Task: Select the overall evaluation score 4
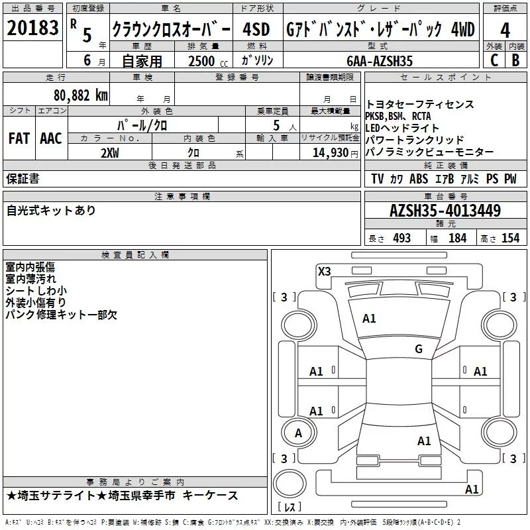pos(505,30)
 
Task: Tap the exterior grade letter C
pos(494,60)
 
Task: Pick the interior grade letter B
pos(516,60)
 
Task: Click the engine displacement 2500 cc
pos(206,61)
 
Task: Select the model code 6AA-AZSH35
pos(380,61)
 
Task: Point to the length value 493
pos(401,238)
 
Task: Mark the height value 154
pos(510,238)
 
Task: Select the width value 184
pos(457,238)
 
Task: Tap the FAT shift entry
pos(19,138)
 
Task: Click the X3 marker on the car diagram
pos(325,270)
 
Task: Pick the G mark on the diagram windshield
pos(418,348)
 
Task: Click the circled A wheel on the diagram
pos(298,433)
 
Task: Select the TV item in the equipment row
pos(378,179)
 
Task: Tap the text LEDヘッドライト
pos(402,128)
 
